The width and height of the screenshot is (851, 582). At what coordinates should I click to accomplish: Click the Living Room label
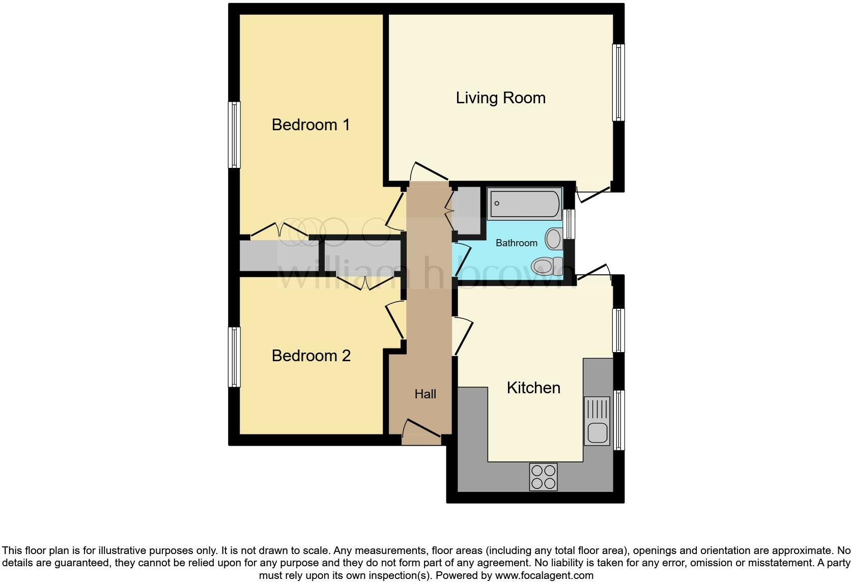(500, 98)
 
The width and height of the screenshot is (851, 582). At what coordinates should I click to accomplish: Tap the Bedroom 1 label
(310, 125)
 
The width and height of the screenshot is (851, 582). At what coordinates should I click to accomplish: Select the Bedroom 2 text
(311, 356)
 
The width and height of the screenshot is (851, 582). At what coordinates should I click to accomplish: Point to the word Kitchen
(533, 388)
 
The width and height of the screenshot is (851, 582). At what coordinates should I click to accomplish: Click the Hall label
(425, 394)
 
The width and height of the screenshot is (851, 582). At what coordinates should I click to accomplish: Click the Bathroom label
(516, 243)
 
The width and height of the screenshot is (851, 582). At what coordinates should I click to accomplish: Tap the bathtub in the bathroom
(524, 203)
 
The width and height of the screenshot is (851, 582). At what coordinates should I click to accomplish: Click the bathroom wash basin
(553, 238)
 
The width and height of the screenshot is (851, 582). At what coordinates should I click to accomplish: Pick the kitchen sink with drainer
(597, 421)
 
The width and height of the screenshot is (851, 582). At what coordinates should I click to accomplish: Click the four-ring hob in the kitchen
(543, 477)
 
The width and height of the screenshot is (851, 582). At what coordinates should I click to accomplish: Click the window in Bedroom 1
(234, 135)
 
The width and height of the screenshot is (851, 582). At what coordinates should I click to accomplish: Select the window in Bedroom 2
(234, 357)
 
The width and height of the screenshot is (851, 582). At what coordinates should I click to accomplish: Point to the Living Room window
(618, 82)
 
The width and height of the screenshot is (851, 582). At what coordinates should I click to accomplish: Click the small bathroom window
(570, 224)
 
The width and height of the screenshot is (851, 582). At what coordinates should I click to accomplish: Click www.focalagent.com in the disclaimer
(544, 575)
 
